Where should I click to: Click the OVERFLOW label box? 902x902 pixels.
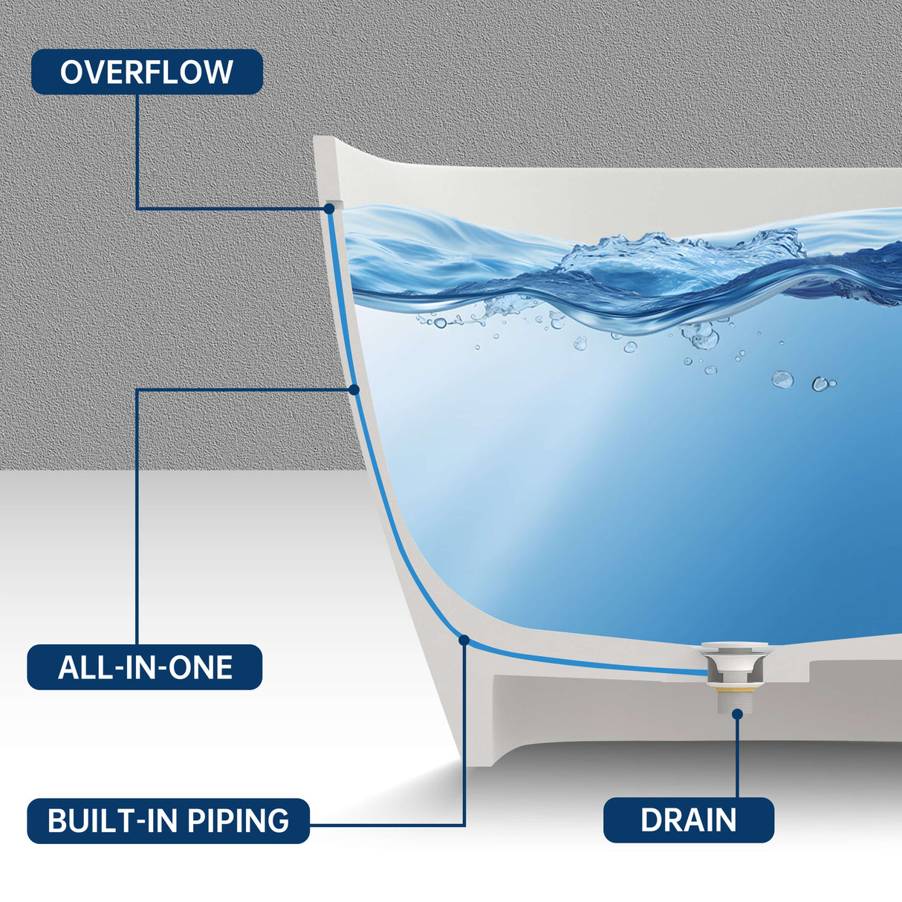146,72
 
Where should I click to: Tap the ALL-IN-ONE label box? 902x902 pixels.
145,667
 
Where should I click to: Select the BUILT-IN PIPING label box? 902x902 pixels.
168,820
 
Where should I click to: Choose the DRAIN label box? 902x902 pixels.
688,820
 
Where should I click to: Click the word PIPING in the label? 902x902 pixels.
238,820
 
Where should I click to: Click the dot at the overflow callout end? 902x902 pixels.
329,209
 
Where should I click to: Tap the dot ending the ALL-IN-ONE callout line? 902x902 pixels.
354,389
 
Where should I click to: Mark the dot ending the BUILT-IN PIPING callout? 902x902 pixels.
464,639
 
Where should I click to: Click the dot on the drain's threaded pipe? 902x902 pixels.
737,713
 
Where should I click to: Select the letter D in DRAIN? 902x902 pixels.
651,820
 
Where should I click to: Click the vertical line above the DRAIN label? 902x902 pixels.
737,758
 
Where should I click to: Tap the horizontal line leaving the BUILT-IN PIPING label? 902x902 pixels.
386,825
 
